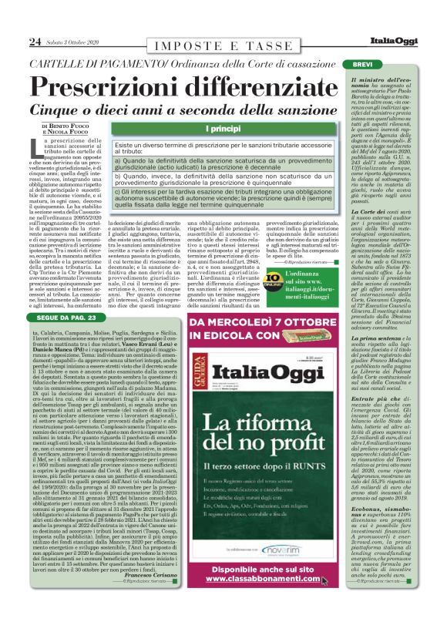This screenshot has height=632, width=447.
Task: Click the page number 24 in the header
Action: (x=35, y=41)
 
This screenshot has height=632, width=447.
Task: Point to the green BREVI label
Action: (x=367, y=65)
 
